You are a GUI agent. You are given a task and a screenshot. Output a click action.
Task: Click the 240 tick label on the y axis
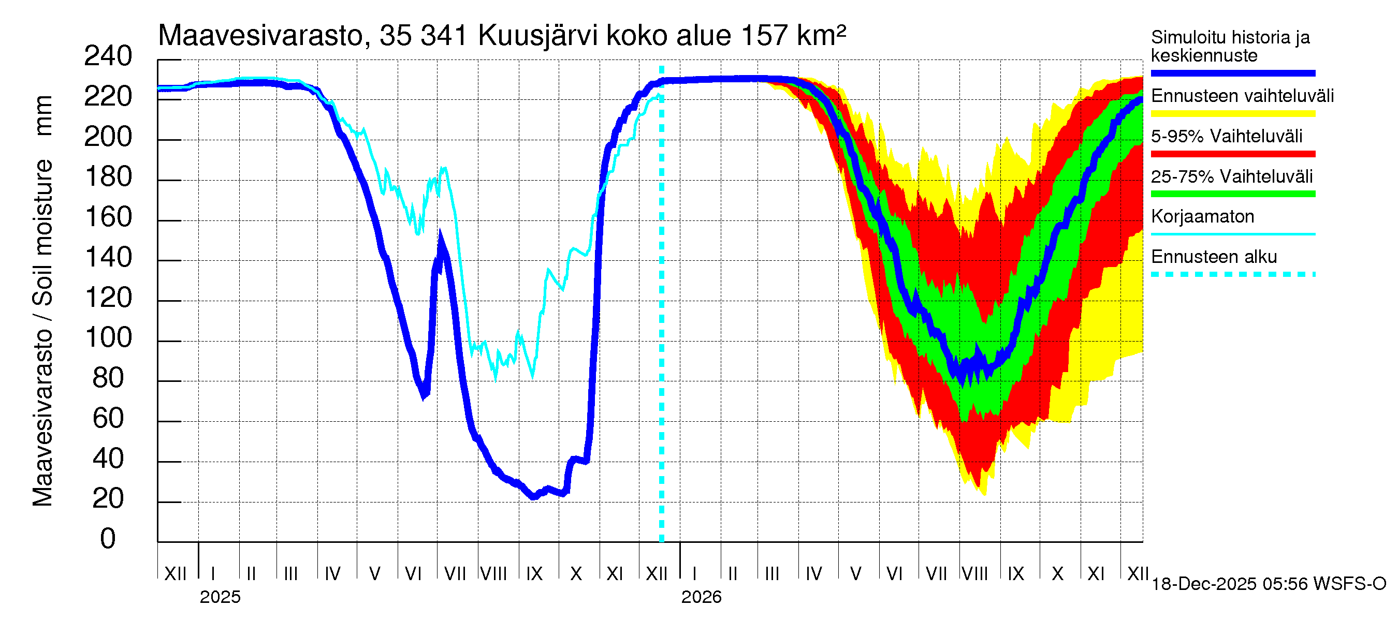click(x=108, y=56)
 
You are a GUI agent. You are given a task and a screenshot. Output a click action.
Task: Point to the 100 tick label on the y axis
click(x=108, y=338)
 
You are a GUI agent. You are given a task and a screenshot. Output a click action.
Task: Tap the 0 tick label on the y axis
click(x=108, y=539)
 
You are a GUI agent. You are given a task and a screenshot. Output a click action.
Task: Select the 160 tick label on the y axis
click(x=108, y=217)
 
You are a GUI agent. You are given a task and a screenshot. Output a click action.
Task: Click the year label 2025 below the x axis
click(x=220, y=597)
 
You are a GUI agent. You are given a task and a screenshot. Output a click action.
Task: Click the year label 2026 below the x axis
click(x=701, y=597)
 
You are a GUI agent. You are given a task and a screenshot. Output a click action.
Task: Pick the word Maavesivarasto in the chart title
click(x=260, y=36)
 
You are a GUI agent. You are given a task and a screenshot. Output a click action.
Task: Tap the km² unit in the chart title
click(x=822, y=36)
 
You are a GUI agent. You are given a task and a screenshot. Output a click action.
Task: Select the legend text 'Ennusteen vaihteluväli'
click(x=1242, y=96)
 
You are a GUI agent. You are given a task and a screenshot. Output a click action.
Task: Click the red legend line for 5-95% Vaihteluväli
click(x=1233, y=154)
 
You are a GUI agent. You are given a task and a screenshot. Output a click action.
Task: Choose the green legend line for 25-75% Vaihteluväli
click(x=1233, y=194)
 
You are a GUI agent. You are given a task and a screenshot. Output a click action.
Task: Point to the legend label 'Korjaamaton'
click(x=1203, y=217)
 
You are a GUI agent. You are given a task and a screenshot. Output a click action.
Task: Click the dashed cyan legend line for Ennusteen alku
click(x=1233, y=274)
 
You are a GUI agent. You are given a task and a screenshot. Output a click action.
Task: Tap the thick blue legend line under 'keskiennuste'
click(x=1233, y=73)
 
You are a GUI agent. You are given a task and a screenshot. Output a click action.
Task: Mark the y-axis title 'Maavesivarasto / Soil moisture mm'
click(x=42, y=301)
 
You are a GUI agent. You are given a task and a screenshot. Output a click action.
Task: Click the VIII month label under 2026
click(x=974, y=574)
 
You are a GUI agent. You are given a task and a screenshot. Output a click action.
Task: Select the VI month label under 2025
click(x=413, y=574)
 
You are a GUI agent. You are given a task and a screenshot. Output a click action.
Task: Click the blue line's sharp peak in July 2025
click(x=440, y=236)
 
